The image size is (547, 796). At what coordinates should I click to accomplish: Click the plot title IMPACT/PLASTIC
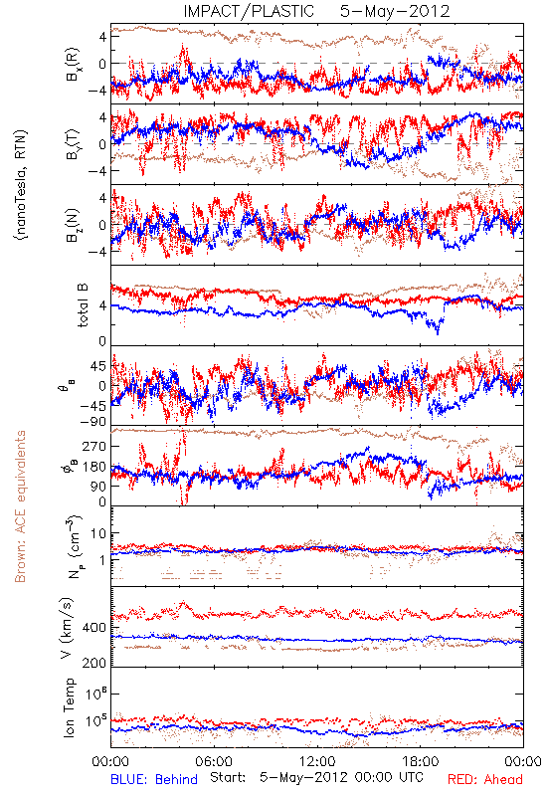pyautogui.click(x=249, y=11)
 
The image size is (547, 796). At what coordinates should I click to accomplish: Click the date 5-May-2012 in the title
pyautogui.click(x=395, y=11)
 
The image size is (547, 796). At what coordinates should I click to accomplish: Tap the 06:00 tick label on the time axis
pyautogui.click(x=214, y=761)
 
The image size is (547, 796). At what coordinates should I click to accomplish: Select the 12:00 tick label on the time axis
pyautogui.click(x=317, y=761)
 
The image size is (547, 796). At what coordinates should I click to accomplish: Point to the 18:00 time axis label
pyautogui.click(x=421, y=761)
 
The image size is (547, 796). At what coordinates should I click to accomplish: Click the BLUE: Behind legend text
pyautogui.click(x=154, y=779)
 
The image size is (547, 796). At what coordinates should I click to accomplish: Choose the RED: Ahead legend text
pyautogui.click(x=485, y=779)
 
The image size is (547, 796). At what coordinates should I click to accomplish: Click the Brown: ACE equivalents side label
pyautogui.click(x=20, y=506)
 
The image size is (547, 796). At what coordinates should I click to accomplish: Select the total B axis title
pyautogui.click(x=83, y=305)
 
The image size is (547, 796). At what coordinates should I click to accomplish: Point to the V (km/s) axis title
pyautogui.click(x=68, y=628)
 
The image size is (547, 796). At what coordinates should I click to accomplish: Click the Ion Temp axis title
pyautogui.click(x=69, y=706)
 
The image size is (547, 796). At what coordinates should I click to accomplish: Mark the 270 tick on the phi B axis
pyautogui.click(x=94, y=446)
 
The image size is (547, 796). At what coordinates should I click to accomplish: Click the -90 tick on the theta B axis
pyautogui.click(x=94, y=422)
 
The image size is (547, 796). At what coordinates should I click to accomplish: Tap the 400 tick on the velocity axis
pyautogui.click(x=94, y=628)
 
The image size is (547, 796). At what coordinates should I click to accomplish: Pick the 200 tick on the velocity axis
pyautogui.click(x=94, y=663)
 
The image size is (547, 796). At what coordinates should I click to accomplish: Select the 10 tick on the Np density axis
pyautogui.click(x=98, y=533)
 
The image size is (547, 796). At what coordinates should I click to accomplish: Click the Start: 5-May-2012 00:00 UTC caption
pyautogui.click(x=316, y=777)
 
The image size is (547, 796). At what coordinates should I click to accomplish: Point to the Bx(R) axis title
pyautogui.click(x=73, y=64)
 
